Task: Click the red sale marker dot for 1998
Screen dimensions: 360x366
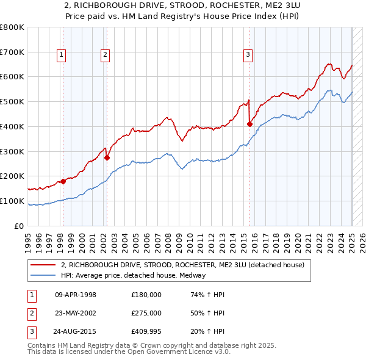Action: pyautogui.click(x=63, y=181)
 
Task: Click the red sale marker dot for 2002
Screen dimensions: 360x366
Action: pyautogui.click(x=107, y=157)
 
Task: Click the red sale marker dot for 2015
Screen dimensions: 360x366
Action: pyautogui.click(x=249, y=124)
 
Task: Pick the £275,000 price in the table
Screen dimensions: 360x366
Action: pyautogui.click(x=146, y=313)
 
